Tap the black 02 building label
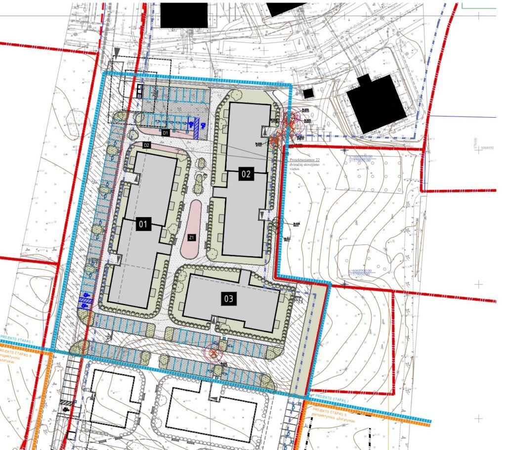(x=246, y=174)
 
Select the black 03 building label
(x=229, y=299)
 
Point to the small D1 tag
(x=166, y=133)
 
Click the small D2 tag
(x=146, y=145)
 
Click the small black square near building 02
(x=308, y=93)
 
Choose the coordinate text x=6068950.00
(x=360, y=156)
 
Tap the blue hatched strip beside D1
(x=196, y=129)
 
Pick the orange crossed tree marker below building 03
(x=213, y=353)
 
